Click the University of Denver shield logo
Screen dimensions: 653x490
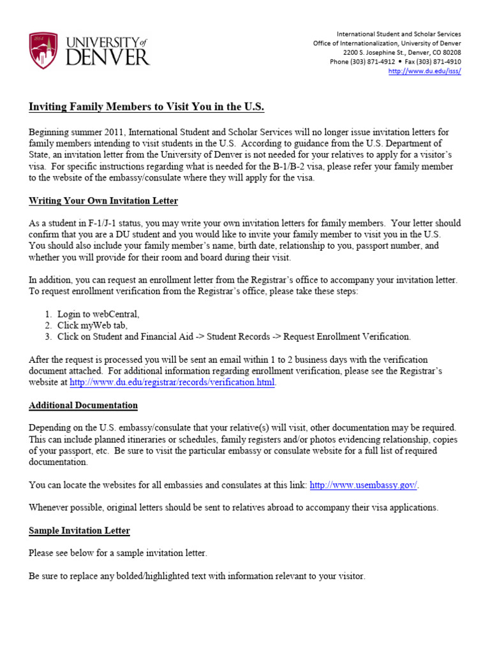point(43,51)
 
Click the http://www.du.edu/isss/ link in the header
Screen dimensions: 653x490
point(425,71)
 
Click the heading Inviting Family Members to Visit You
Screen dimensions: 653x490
point(146,106)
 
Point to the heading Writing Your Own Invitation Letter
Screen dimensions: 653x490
point(103,201)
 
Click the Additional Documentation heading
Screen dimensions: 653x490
point(83,406)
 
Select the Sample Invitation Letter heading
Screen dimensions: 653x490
point(79,531)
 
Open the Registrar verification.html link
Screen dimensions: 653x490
point(172,383)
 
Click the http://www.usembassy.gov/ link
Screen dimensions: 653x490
point(364,485)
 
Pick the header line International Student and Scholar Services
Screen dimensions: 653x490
point(399,34)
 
